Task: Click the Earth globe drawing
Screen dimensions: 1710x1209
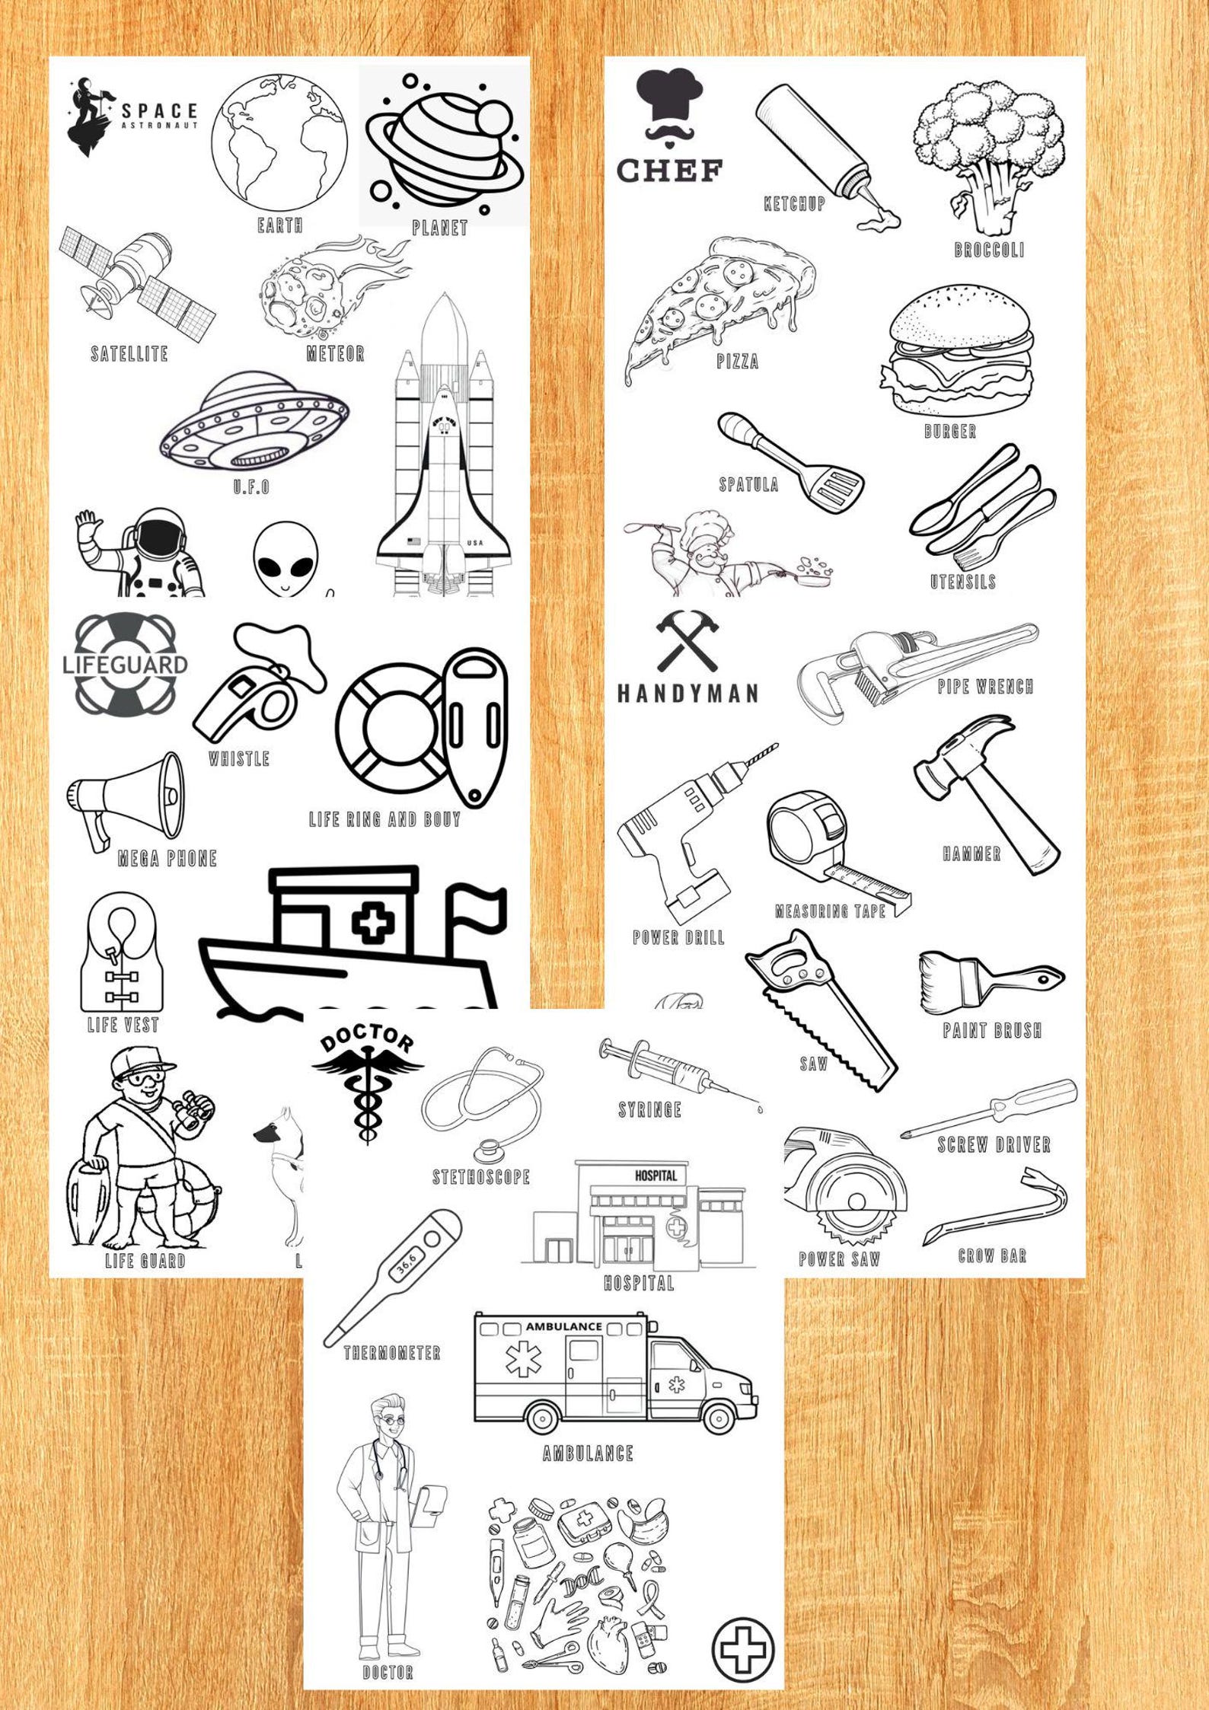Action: [280, 145]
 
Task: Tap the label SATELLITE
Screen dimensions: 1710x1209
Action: [129, 354]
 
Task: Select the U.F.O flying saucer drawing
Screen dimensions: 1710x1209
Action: [254, 422]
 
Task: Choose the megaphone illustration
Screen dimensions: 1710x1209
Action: [126, 799]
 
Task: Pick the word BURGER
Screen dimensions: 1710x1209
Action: [949, 432]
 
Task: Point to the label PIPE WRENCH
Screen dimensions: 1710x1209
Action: [985, 687]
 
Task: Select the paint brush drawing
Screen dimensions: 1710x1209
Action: [990, 982]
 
